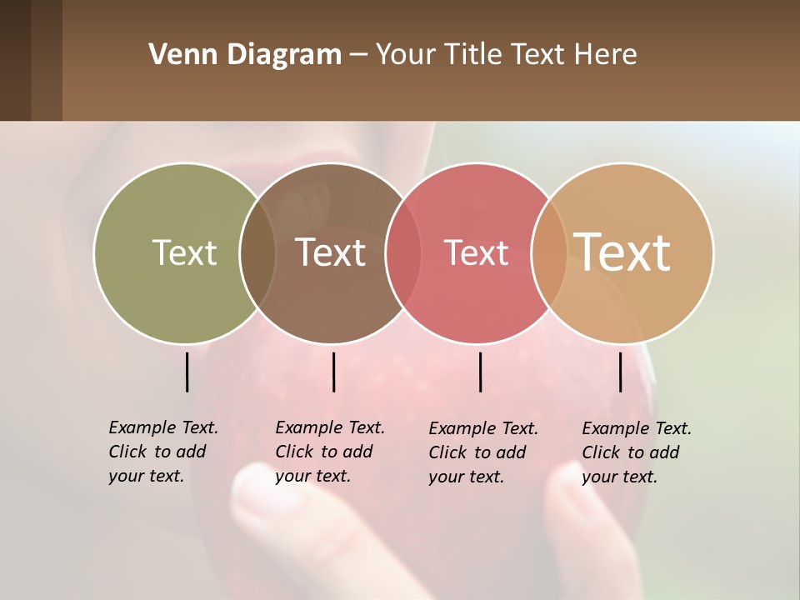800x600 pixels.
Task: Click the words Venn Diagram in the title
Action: (244, 55)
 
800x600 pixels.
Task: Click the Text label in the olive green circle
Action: (184, 252)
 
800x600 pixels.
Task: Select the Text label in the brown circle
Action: (330, 252)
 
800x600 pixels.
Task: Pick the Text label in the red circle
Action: (476, 252)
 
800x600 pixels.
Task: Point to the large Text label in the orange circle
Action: (622, 252)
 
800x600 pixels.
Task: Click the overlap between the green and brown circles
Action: (257, 252)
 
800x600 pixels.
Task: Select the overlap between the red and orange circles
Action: (549, 252)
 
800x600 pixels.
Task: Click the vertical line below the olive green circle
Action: (187, 372)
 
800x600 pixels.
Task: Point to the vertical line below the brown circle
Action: (333, 372)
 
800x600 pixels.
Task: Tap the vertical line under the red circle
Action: (480, 372)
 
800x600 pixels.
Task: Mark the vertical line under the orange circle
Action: (620, 372)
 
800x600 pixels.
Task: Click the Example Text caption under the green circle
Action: (162, 452)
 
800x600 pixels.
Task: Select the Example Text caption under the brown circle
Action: (329, 452)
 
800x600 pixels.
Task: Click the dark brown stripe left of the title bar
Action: (31, 60)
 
